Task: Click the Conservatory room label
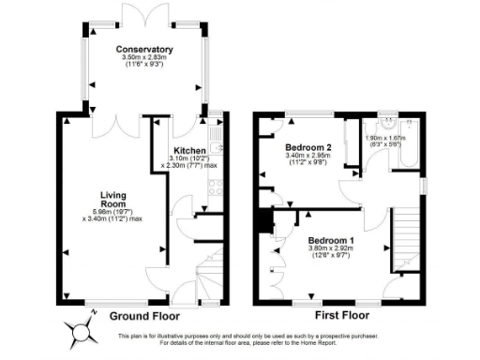click(x=144, y=49)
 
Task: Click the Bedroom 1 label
click(x=332, y=240)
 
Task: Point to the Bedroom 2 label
click(x=308, y=148)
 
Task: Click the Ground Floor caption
click(x=146, y=316)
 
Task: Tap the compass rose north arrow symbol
click(x=81, y=330)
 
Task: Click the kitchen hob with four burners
click(x=213, y=184)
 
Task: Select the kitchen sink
click(x=215, y=146)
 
